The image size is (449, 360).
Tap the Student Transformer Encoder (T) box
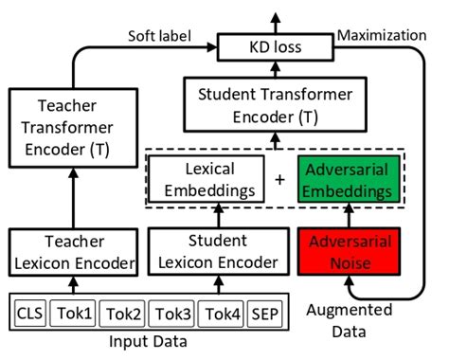[276, 107]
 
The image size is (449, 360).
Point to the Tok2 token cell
[125, 312]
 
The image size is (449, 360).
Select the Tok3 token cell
[173, 312]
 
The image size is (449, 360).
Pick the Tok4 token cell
[222, 312]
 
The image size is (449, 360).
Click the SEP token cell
[265, 312]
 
